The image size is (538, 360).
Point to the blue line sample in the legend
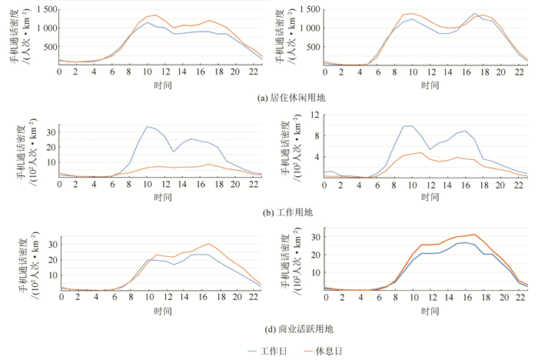point(241,351)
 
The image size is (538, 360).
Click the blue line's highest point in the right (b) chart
point(412,125)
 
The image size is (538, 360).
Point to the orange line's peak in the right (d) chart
point(474,235)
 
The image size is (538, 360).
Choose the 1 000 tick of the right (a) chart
point(309,28)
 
